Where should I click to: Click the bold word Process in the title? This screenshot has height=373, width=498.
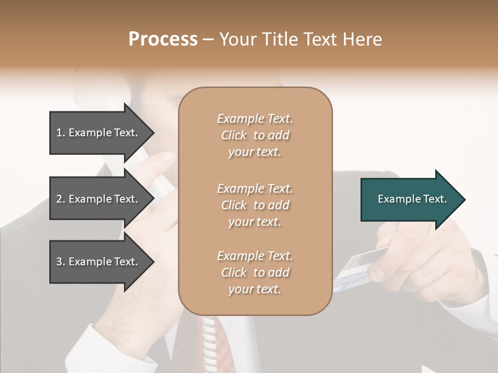coord(163,39)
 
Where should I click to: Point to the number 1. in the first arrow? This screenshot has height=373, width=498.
coord(61,133)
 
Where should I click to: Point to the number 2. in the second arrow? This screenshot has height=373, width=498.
coord(61,199)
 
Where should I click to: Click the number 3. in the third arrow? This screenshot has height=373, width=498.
coord(61,262)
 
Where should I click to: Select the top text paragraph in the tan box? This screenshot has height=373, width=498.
coord(255,135)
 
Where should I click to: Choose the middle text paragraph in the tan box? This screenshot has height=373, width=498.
coord(255,205)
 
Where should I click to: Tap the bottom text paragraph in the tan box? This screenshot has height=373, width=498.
coord(255,272)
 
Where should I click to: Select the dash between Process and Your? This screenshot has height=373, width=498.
coord(208,40)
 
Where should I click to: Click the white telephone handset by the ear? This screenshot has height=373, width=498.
coord(156,171)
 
